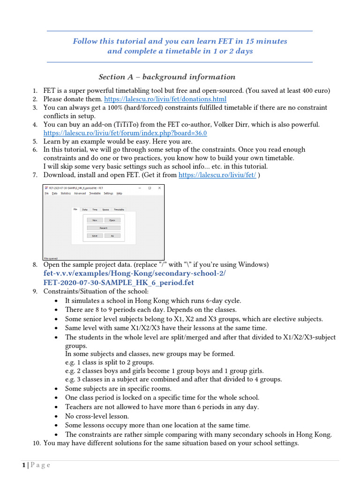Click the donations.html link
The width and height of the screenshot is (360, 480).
[165, 99]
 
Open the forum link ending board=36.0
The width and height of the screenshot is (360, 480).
[125, 133]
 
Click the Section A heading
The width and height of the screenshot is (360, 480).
[167, 77]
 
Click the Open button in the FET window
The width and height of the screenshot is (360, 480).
[112, 220]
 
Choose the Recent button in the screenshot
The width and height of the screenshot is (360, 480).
[103, 228]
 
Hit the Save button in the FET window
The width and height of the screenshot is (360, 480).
[95, 236]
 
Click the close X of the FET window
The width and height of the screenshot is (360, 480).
[159, 188]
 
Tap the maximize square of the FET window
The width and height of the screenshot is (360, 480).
[150, 188]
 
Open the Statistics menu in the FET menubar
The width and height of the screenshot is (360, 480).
[66, 193]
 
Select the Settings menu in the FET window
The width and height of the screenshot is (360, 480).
[108, 193]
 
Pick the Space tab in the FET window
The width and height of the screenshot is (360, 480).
[105, 210]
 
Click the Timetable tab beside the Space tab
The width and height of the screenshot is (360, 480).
[119, 210]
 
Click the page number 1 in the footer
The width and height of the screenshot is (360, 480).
[23, 465]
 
